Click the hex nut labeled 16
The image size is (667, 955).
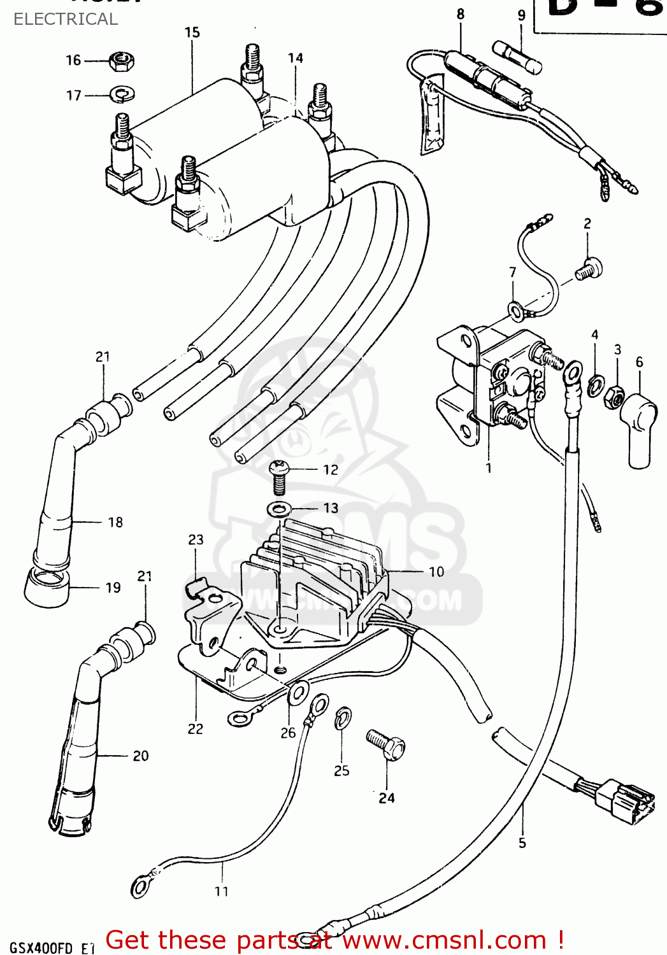pyautogui.click(x=121, y=61)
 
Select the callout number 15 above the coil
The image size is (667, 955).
pyautogui.click(x=192, y=32)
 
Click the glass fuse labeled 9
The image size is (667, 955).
pyautogui.click(x=517, y=56)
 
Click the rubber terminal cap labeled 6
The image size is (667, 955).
pyautogui.click(x=639, y=428)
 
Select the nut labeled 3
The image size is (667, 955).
pyautogui.click(x=614, y=397)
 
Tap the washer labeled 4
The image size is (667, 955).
pyautogui.click(x=596, y=385)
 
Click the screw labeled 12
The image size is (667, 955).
pyautogui.click(x=279, y=477)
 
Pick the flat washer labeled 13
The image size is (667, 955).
pyautogui.click(x=279, y=509)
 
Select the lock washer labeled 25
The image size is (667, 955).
pyautogui.click(x=343, y=718)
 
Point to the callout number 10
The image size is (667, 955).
pyautogui.click(x=436, y=572)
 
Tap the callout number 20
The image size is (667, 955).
pyautogui.click(x=141, y=756)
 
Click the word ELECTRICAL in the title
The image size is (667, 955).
pyautogui.click(x=66, y=19)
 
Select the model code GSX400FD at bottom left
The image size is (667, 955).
pyautogui.click(x=42, y=948)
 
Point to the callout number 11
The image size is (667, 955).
pyautogui.click(x=221, y=891)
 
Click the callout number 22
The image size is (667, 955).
pyautogui.click(x=196, y=729)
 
